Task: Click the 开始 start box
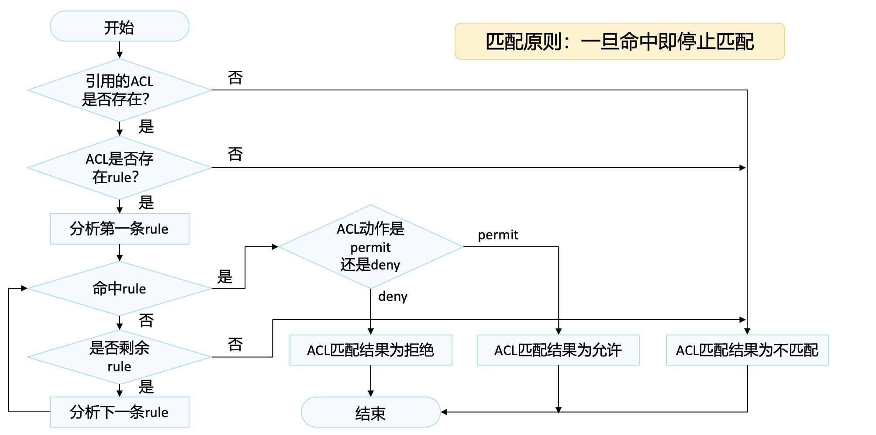pyautogui.click(x=119, y=26)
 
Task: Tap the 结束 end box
pyautogui.click(x=371, y=412)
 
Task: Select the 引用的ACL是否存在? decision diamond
pyautogui.click(x=119, y=90)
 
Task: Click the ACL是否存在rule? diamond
pyautogui.click(x=119, y=168)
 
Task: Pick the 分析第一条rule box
pyautogui.click(x=119, y=229)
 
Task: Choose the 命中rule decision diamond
pyautogui.click(x=119, y=288)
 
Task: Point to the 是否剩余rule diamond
pyautogui.click(x=119, y=357)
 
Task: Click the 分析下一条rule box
pyautogui.click(x=119, y=412)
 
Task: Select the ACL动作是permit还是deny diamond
pyautogui.click(x=371, y=247)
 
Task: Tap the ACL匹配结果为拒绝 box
pyautogui.click(x=371, y=350)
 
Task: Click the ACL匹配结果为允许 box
pyautogui.click(x=558, y=350)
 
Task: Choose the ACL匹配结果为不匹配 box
pyautogui.click(x=747, y=350)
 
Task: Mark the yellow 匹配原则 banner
pyautogui.click(x=620, y=41)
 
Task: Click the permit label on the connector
pyautogui.click(x=498, y=235)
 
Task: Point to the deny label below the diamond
pyautogui.click(x=393, y=297)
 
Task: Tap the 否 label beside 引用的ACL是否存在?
pyautogui.click(x=235, y=78)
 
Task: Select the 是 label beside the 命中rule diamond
pyautogui.click(x=225, y=277)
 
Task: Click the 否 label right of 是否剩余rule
pyautogui.click(x=235, y=345)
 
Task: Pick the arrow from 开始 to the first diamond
pyautogui.click(x=119, y=50)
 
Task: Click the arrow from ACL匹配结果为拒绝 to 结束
pyautogui.click(x=371, y=381)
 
